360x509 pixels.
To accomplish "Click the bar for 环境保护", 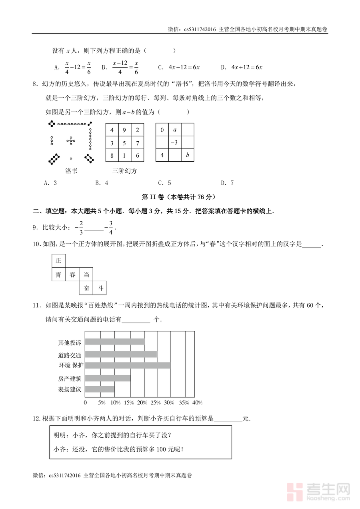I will [128, 365].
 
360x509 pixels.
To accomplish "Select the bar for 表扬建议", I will [100, 389].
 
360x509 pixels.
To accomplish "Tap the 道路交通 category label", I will [70, 355].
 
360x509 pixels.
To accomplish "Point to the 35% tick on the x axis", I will [184, 402].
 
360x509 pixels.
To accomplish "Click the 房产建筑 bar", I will [108, 378].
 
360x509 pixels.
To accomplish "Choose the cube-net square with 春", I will [72, 275].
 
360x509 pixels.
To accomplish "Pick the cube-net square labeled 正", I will [59, 261].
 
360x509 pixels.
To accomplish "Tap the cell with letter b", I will [188, 155].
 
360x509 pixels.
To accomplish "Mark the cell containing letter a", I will [174, 130].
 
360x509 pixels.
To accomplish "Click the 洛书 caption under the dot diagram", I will [71, 171].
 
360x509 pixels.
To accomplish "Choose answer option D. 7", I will [227, 183].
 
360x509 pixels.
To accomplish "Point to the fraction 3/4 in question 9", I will [111, 228].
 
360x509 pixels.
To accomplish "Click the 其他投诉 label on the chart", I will [70, 343].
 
